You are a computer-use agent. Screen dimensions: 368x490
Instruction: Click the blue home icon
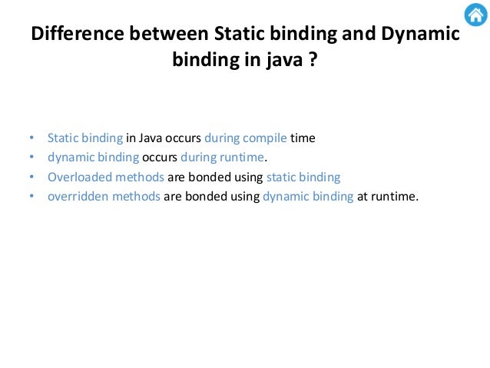click(475, 15)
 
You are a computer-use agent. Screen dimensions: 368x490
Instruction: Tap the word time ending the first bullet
click(303, 138)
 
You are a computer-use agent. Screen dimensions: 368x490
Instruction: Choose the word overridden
click(77, 196)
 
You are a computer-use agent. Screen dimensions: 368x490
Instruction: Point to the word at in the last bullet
click(363, 196)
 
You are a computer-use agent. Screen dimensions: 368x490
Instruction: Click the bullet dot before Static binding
click(31, 139)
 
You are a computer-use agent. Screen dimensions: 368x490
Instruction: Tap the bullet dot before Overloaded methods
click(31, 177)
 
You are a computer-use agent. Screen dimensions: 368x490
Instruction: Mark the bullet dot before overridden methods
click(31, 197)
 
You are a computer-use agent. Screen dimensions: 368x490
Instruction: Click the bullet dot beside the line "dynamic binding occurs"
click(31, 158)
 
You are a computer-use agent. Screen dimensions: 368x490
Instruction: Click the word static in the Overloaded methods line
click(281, 177)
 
